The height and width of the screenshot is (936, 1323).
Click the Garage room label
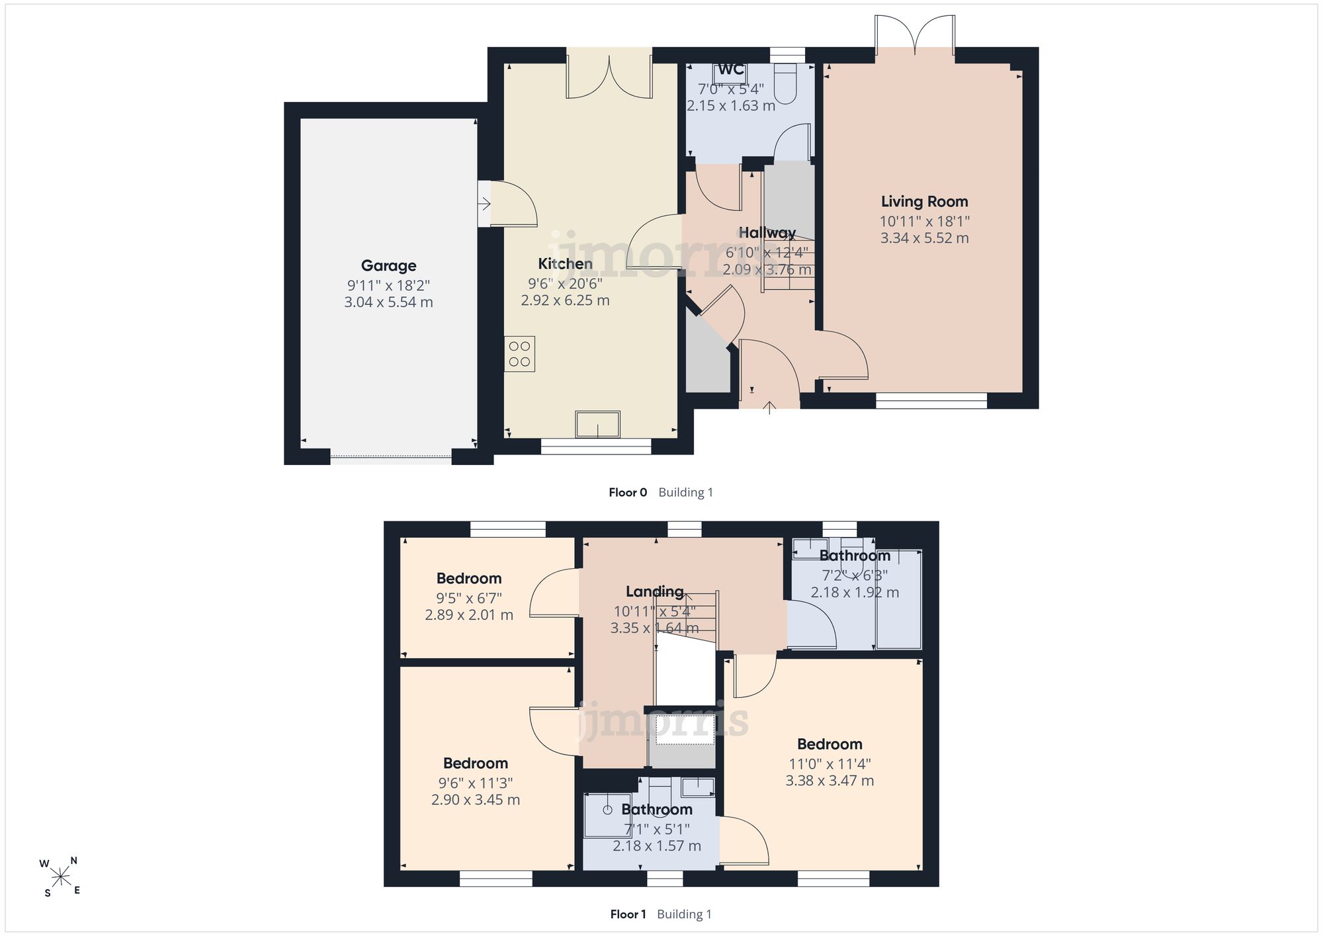(x=388, y=266)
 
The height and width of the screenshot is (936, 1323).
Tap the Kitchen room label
(x=565, y=264)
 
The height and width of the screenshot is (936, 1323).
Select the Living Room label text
(x=924, y=202)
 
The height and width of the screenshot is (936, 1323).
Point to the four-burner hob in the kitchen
(x=519, y=354)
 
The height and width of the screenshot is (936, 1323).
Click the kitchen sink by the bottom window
(x=598, y=424)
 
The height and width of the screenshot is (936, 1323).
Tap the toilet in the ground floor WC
(x=785, y=83)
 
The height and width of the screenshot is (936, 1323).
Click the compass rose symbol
(x=61, y=877)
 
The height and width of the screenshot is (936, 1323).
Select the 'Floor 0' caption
(x=628, y=492)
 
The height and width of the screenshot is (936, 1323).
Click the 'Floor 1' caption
(x=628, y=914)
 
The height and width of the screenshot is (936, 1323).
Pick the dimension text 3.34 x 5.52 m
(x=924, y=238)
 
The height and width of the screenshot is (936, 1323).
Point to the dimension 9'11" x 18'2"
(x=388, y=286)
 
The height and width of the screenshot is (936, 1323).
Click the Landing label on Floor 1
(x=655, y=592)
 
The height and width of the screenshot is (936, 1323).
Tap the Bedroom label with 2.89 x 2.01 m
(x=469, y=579)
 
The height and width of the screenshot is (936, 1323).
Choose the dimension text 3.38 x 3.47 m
(x=830, y=781)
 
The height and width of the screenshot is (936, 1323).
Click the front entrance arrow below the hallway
(x=769, y=407)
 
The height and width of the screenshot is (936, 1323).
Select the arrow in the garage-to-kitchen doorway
(x=484, y=204)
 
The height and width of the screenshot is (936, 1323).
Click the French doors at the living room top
(x=915, y=36)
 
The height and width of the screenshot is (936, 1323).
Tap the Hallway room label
(x=767, y=233)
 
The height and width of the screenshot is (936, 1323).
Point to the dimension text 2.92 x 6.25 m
(x=565, y=300)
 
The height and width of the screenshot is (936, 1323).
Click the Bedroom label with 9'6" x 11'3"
(x=476, y=763)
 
